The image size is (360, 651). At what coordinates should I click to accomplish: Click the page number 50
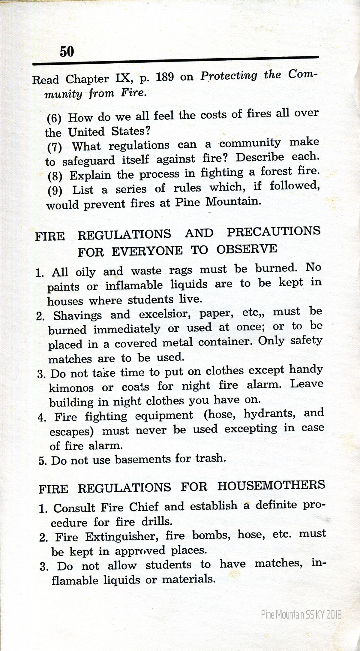coord(67,51)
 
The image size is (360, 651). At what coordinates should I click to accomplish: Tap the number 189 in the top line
coord(165,77)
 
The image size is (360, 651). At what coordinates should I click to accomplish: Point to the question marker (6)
coord(54,117)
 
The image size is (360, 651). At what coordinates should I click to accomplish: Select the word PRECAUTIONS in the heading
coord(274,232)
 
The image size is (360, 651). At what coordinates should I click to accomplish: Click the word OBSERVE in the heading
coord(247,249)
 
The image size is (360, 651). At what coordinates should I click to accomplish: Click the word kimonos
coord(71,388)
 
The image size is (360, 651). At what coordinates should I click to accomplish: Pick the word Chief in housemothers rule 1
coord(143,507)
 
